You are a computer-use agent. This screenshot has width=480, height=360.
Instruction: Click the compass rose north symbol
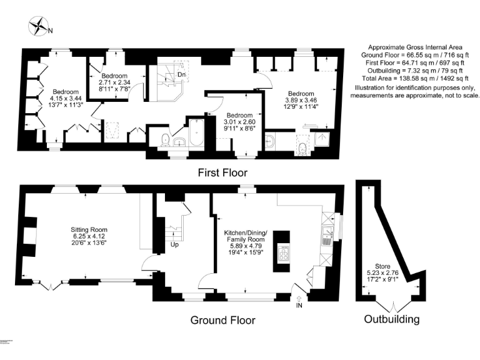pyautogui.click(x=39, y=27)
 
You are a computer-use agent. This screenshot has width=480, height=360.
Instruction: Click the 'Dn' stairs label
pyautogui.click(x=181, y=75)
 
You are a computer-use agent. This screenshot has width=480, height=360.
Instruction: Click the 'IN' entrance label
pyautogui.click(x=299, y=305)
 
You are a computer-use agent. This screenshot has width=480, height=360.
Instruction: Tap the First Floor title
pyautogui.click(x=222, y=172)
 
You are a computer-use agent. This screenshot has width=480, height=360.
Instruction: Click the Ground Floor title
pyautogui.click(x=223, y=320)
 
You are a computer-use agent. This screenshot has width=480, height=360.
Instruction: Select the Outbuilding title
pyautogui.click(x=392, y=319)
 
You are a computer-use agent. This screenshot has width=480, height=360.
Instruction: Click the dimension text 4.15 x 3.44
pyautogui.click(x=66, y=99)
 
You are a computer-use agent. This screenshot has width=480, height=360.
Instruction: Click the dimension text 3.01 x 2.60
pyautogui.click(x=239, y=122)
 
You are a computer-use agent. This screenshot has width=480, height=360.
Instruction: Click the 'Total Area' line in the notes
pyautogui.click(x=414, y=79)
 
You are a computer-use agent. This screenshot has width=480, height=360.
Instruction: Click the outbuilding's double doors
pyautogui.click(x=392, y=306)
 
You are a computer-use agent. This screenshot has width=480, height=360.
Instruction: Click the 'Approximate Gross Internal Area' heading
pyautogui.click(x=414, y=47)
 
